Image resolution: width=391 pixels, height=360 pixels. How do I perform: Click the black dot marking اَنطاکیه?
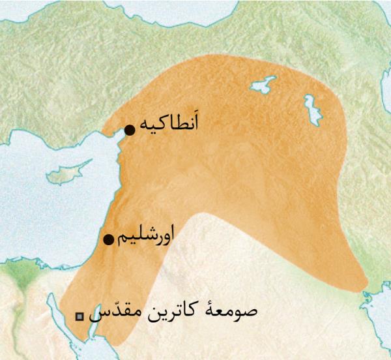[129, 129]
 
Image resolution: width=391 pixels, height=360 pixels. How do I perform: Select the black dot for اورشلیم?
[109, 239]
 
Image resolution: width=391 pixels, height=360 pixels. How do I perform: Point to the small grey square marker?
[80, 316]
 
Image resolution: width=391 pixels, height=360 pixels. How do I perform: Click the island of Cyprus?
[65, 174]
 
